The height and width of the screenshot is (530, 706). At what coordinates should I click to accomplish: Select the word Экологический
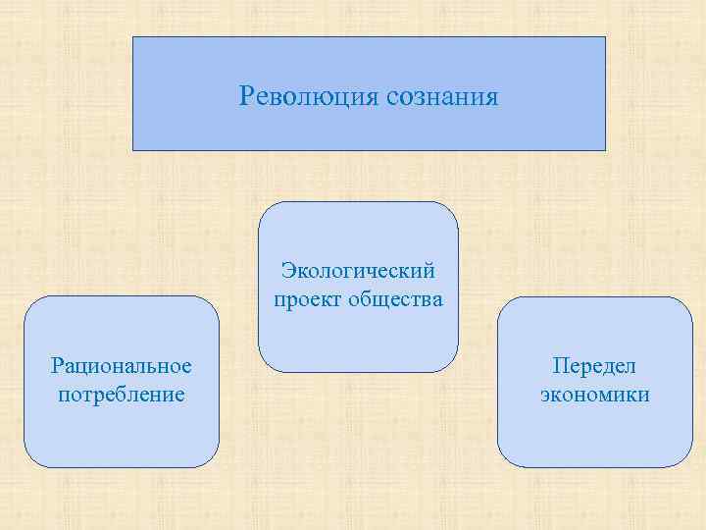click(x=358, y=269)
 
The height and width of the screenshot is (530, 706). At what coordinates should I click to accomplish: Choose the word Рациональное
click(x=122, y=366)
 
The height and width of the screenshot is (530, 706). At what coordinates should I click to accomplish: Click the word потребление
click(x=122, y=395)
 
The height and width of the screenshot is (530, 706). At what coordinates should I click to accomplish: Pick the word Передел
click(x=594, y=366)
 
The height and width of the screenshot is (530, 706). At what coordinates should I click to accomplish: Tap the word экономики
click(x=594, y=395)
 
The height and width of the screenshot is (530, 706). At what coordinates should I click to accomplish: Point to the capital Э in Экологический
click(x=286, y=269)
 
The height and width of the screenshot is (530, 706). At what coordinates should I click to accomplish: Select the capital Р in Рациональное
click(x=57, y=366)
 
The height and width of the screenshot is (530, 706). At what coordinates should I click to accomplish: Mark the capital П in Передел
click(x=560, y=366)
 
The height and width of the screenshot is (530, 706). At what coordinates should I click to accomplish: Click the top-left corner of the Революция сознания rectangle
click(x=133, y=38)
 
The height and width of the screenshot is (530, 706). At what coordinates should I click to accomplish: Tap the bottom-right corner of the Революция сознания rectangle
click(x=605, y=149)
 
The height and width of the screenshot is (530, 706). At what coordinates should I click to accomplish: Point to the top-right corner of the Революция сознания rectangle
click(x=605, y=38)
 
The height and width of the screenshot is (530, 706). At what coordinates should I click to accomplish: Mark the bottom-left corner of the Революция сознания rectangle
click(x=133, y=149)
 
